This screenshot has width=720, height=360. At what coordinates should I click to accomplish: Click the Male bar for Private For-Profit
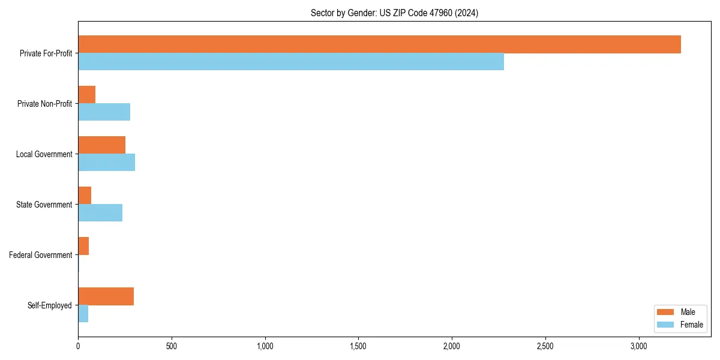pos(379,44)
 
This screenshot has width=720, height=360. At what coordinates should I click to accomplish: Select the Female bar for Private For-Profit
pos(291,62)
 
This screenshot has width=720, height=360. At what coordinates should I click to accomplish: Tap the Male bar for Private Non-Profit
pos(87,95)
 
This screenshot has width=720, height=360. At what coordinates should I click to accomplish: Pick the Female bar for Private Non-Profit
pos(104,112)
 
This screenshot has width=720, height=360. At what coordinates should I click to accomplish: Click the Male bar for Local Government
pos(101,145)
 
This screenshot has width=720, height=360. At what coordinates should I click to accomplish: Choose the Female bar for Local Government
pos(106,163)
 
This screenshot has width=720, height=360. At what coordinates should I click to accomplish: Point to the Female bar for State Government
pos(100,213)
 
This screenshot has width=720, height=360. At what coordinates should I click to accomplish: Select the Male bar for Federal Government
pos(83,246)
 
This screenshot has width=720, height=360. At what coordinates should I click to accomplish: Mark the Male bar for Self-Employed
pos(106,296)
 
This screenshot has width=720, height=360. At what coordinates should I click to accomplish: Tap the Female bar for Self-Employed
pos(83,314)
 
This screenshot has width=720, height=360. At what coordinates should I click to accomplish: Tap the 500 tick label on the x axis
pos(172,346)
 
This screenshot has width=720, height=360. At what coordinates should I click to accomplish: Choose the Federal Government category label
pos(41,255)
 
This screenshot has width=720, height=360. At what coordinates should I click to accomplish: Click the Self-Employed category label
pos(50,305)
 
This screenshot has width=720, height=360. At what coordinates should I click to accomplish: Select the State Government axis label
pos(44,205)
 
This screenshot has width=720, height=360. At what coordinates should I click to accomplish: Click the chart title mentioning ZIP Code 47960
pos(394,13)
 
